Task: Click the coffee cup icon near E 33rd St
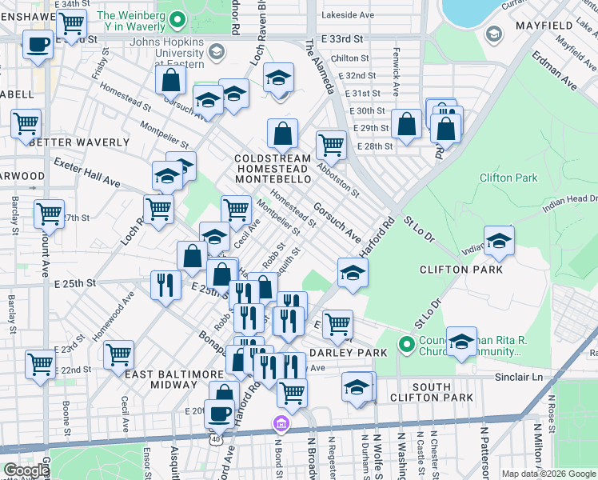pos(38,45)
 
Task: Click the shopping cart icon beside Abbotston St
pos(331,146)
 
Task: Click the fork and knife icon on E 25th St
pos(165,286)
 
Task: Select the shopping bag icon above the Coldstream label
pos(282,134)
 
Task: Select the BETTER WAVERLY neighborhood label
pos(79,142)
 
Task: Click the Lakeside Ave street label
pos(347,14)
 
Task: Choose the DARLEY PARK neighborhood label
pos(348,352)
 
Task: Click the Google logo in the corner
pos(26,470)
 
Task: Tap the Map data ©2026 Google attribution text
pos(548,474)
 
